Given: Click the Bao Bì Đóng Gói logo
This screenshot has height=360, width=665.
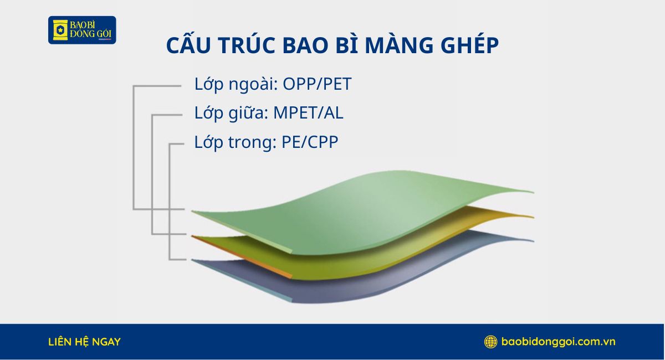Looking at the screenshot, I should [x=82, y=30].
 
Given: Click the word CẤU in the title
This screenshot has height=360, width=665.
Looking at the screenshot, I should [x=185, y=47].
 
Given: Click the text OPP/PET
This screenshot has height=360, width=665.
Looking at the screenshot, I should [x=317, y=85].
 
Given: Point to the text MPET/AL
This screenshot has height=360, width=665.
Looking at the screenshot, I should [x=309, y=114].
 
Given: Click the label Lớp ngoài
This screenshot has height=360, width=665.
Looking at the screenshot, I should [x=236, y=85].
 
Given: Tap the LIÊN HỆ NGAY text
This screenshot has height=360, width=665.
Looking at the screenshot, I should [x=84, y=342].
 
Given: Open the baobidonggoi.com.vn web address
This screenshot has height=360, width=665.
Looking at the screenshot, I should [x=558, y=342].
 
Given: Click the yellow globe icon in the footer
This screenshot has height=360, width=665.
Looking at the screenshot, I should [x=490, y=342].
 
